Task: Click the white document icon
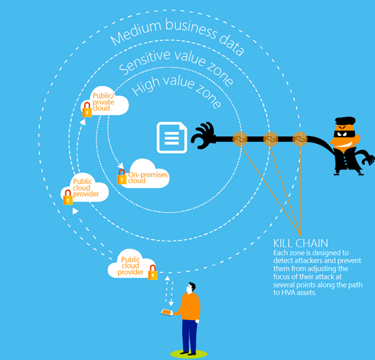coord(171,138)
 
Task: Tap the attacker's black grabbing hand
coord(204,137)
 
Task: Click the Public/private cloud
coord(106,105)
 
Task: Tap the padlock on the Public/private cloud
coord(87,111)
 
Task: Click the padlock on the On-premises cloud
coord(121,177)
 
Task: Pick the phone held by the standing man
coord(167,312)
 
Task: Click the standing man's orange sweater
coord(190,305)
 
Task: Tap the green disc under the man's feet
coord(188,353)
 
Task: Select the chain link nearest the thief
coord(300,139)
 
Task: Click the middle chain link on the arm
coord(270,139)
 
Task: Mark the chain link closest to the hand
coord(241,139)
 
